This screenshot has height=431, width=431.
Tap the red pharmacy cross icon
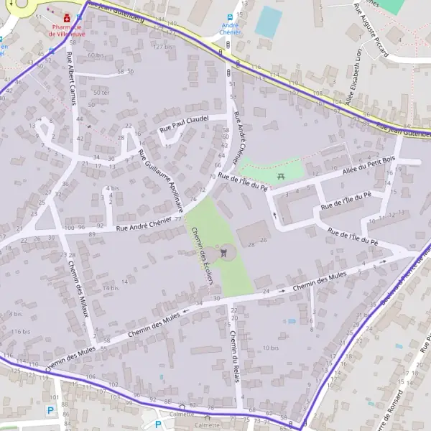(x=67, y=16)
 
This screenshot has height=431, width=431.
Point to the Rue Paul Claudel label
(x=184, y=123)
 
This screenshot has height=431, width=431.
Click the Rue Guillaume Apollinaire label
(x=161, y=180)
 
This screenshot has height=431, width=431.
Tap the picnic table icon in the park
(x=280, y=176)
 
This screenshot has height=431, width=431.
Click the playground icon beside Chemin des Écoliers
(x=226, y=252)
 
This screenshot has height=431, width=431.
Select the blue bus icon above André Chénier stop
(x=229, y=17)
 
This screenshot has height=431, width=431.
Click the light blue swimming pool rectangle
(x=268, y=22)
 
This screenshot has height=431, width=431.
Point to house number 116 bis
(x=21, y=331)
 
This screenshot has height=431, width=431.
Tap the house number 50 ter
(x=101, y=93)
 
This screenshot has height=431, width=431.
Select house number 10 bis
(x=270, y=348)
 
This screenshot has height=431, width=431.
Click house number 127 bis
(x=162, y=47)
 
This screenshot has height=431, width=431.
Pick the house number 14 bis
(x=110, y=288)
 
